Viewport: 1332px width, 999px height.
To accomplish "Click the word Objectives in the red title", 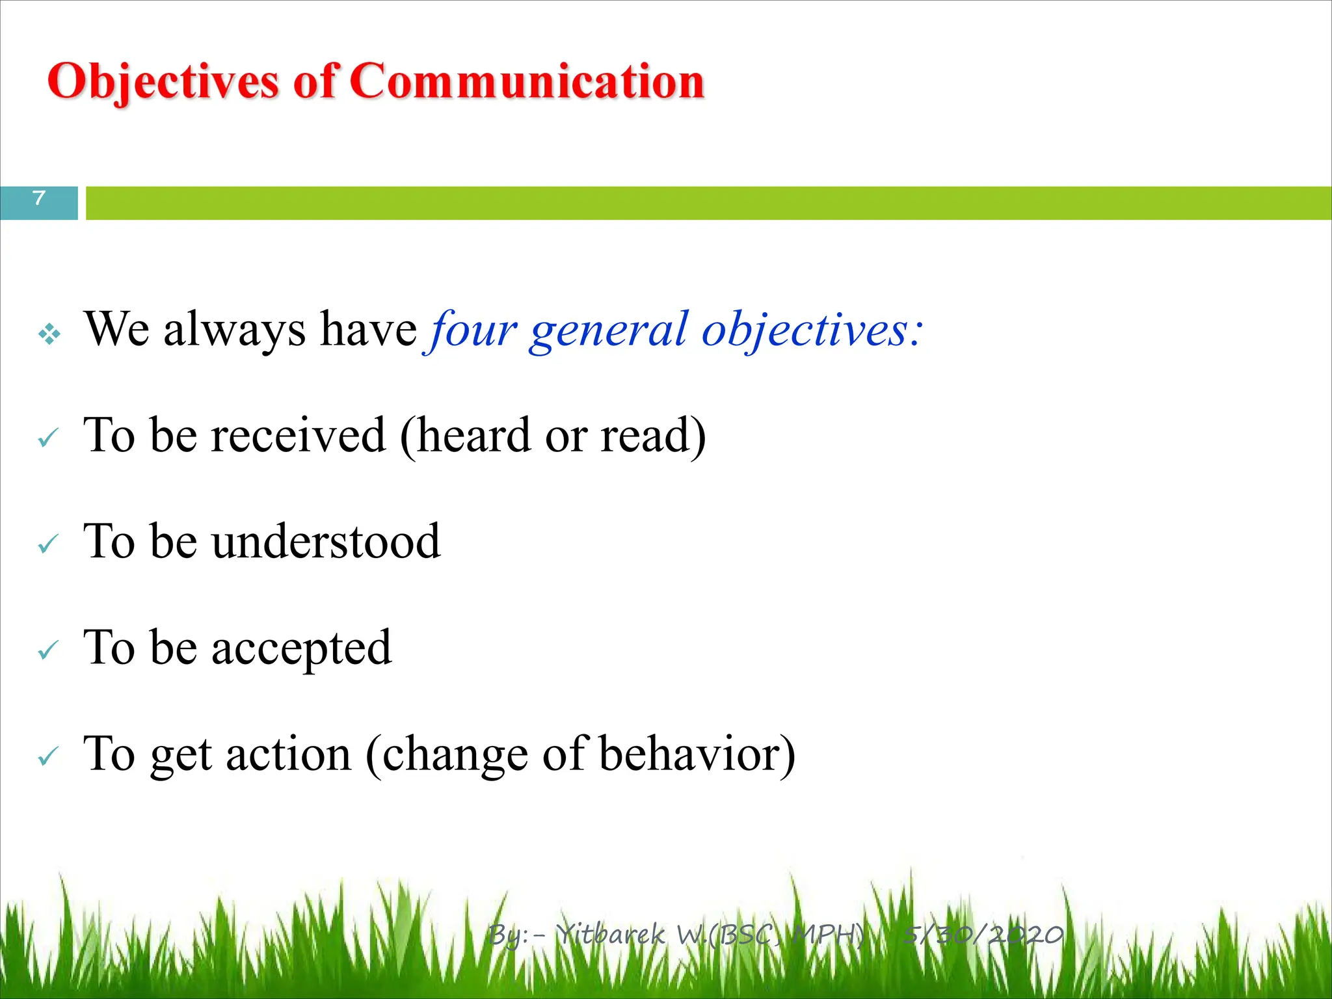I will click(x=163, y=83).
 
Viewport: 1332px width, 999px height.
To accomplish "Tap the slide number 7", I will click(x=39, y=198).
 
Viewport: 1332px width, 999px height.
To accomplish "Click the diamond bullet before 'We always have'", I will click(x=49, y=334).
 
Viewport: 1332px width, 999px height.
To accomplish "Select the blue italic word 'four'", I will click(x=472, y=330).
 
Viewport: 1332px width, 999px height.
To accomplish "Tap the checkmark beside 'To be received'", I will click(x=49, y=438).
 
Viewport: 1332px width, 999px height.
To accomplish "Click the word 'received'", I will click(x=299, y=435).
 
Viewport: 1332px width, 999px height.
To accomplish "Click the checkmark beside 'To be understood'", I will click(x=49, y=544).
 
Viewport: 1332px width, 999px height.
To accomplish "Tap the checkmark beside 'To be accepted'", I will click(x=49, y=650).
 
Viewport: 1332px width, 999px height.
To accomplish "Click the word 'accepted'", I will click(x=302, y=649).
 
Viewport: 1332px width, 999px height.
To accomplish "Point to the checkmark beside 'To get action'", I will click(x=49, y=756).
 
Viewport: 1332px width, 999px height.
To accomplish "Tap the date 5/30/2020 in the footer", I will click(x=983, y=935).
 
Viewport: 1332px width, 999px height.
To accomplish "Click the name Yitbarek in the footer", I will click(x=612, y=935).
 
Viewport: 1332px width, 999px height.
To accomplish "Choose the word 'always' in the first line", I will click(x=234, y=330).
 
